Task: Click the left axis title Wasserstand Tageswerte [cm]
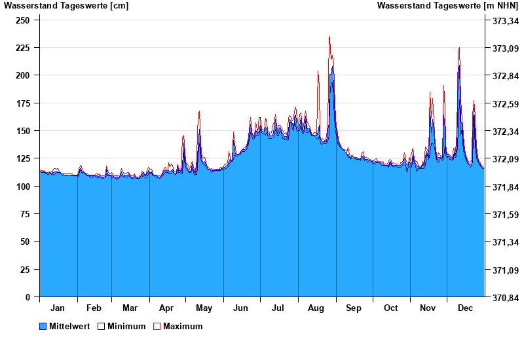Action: click(66, 6)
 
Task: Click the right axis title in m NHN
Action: click(447, 6)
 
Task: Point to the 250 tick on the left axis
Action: click(23, 20)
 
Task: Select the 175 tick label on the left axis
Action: click(23, 103)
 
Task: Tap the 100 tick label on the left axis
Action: click(23, 187)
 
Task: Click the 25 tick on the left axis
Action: click(26, 270)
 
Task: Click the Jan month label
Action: click(58, 308)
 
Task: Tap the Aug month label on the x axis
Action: click(316, 308)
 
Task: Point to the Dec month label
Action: click(465, 308)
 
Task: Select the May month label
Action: click(204, 308)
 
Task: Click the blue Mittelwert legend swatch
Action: click(43, 327)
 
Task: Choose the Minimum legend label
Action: click(126, 327)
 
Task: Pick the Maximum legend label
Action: click(183, 327)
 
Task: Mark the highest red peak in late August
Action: click(329, 37)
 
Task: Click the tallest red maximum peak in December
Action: click(459, 48)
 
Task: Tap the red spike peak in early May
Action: click(199, 111)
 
